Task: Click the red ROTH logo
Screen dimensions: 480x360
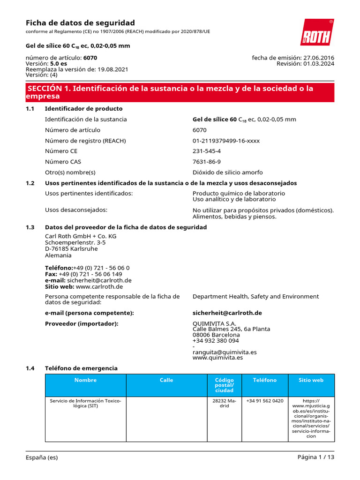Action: click(316, 32)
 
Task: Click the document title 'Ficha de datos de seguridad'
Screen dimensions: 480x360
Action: click(80, 23)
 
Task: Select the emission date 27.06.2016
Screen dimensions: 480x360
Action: click(319, 58)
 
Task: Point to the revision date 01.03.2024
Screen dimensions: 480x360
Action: click(319, 64)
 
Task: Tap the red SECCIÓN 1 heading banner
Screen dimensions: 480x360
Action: click(180, 92)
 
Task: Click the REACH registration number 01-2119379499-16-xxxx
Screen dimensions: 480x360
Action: click(226, 141)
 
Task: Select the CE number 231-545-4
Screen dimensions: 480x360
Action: click(206, 151)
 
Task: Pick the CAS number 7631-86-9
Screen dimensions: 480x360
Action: click(207, 162)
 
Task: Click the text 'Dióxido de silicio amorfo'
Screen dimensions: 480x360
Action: click(228, 172)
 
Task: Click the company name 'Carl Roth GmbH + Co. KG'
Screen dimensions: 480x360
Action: click(81, 236)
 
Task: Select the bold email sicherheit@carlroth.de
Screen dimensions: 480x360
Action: click(227, 313)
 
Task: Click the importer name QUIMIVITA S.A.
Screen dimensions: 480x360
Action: click(214, 323)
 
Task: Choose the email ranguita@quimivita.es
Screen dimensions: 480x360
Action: click(225, 352)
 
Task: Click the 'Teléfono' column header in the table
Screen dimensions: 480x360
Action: click(265, 380)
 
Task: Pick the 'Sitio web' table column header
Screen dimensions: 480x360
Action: click(311, 380)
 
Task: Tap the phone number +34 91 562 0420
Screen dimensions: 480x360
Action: click(265, 401)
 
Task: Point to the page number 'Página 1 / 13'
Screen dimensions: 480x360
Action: click(315, 457)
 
